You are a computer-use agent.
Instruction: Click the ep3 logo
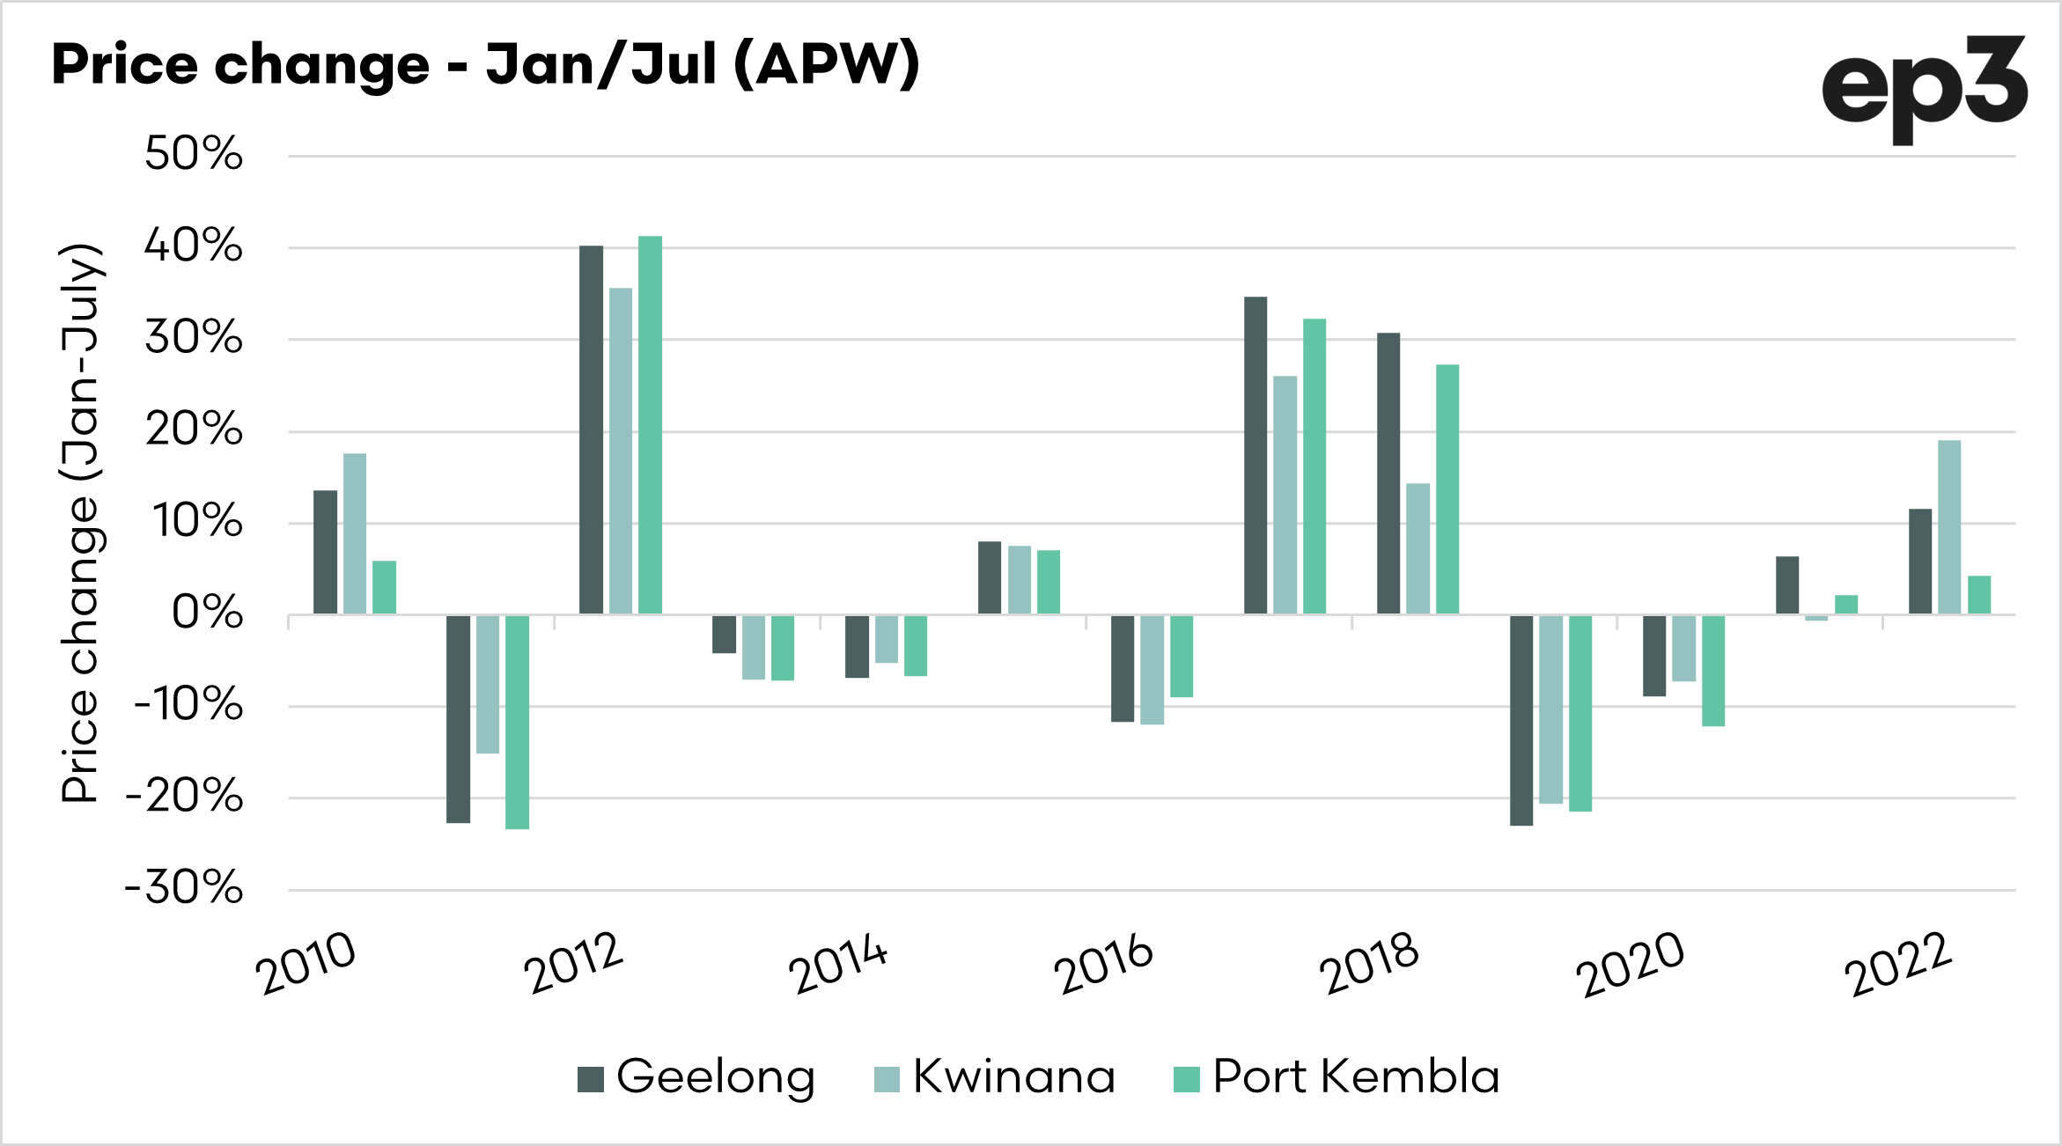1923,88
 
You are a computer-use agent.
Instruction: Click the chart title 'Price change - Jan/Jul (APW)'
485,65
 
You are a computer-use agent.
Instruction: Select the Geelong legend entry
696,1076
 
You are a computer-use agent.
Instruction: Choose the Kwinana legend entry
995,1076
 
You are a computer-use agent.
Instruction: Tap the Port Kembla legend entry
1337,1076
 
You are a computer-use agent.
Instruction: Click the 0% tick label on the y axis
207,613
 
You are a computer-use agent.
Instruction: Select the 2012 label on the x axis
574,963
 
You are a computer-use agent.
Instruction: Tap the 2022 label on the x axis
1899,963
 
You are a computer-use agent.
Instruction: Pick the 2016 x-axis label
1103,963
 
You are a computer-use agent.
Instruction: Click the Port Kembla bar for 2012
650,424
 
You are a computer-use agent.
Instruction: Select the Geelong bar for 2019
1521,720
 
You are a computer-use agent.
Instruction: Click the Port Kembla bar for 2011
517,722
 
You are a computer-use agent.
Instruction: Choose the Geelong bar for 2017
1256,455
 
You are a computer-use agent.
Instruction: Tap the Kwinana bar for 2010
355,533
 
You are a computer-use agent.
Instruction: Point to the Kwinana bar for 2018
1418,548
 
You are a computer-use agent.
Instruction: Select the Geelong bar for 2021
1787,584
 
